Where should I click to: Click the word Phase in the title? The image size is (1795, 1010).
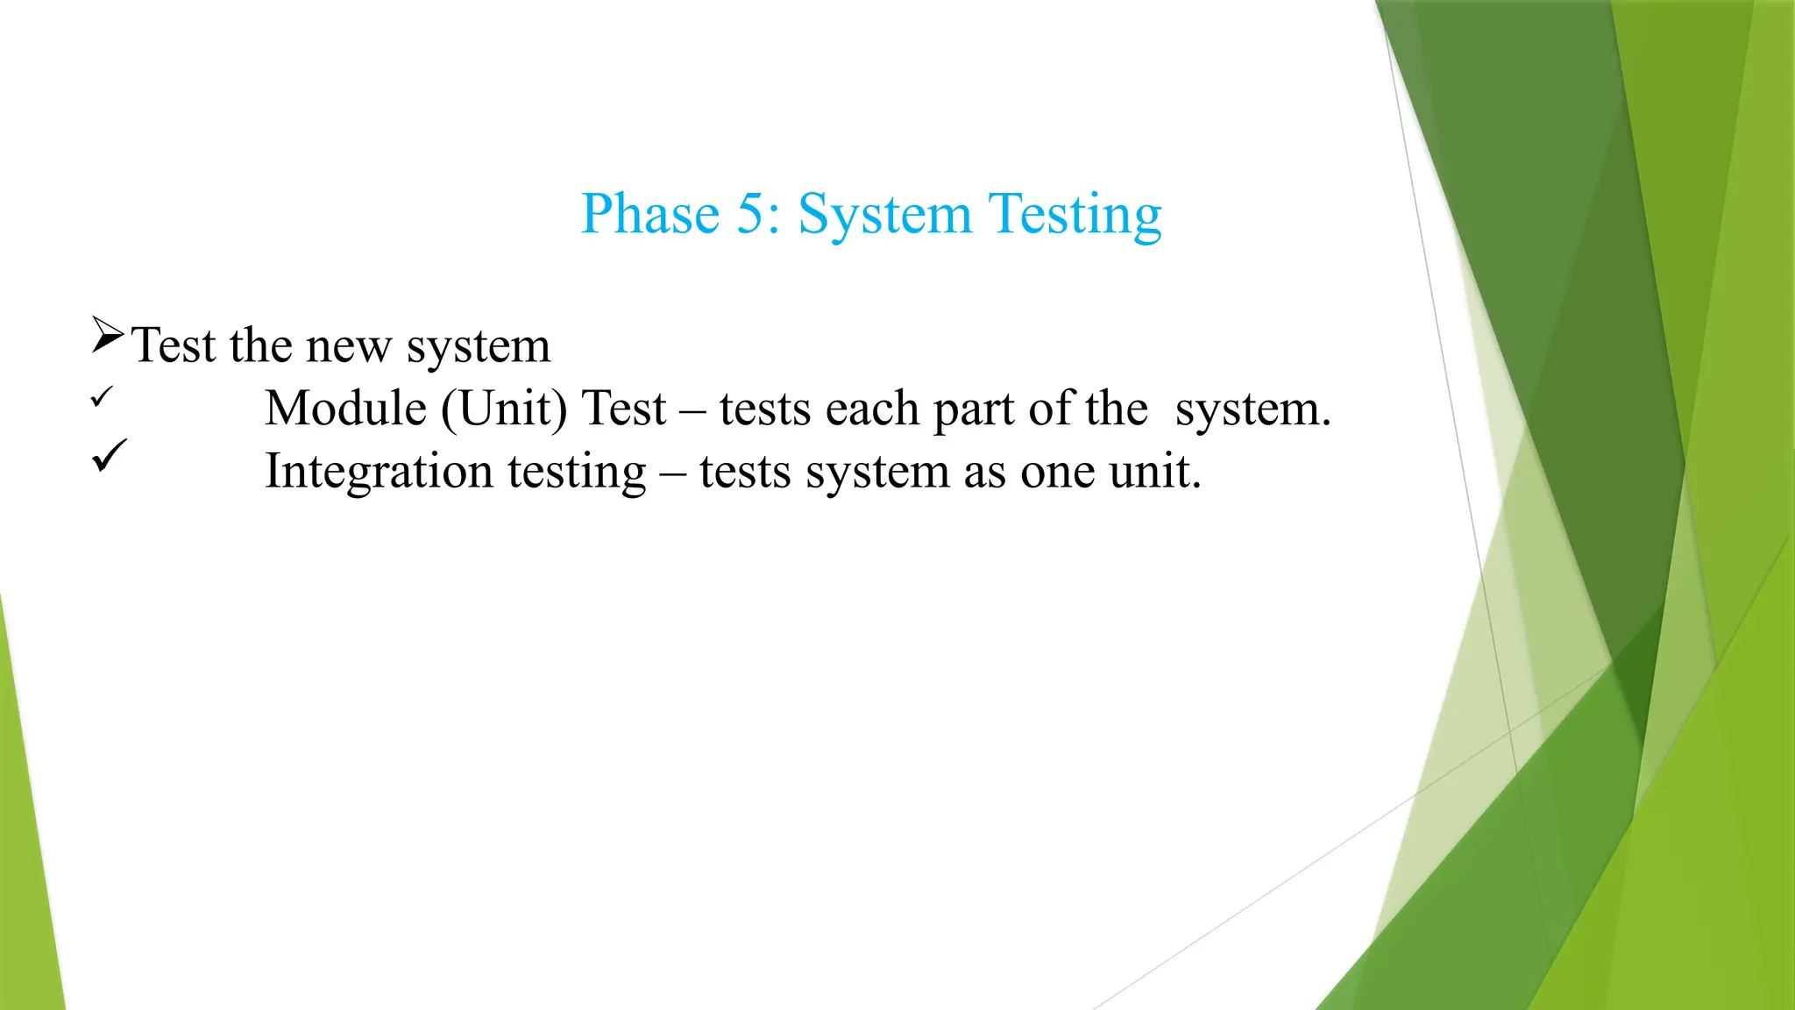pos(649,214)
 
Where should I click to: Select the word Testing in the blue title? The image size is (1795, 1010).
pos(1075,216)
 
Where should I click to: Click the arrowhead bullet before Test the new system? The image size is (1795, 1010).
pos(107,336)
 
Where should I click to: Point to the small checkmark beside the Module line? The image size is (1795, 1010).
pos(102,397)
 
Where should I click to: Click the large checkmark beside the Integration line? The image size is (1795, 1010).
pos(110,456)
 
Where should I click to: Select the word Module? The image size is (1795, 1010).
pos(345,409)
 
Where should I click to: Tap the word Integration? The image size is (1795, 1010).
pos(379,472)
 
